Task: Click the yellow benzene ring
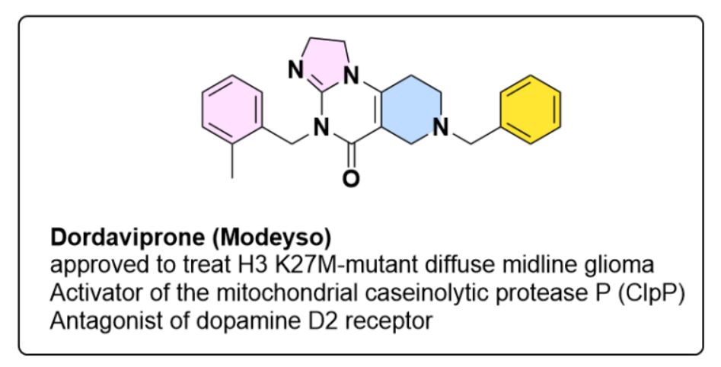click(x=531, y=109)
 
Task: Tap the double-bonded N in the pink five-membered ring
click(x=297, y=72)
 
